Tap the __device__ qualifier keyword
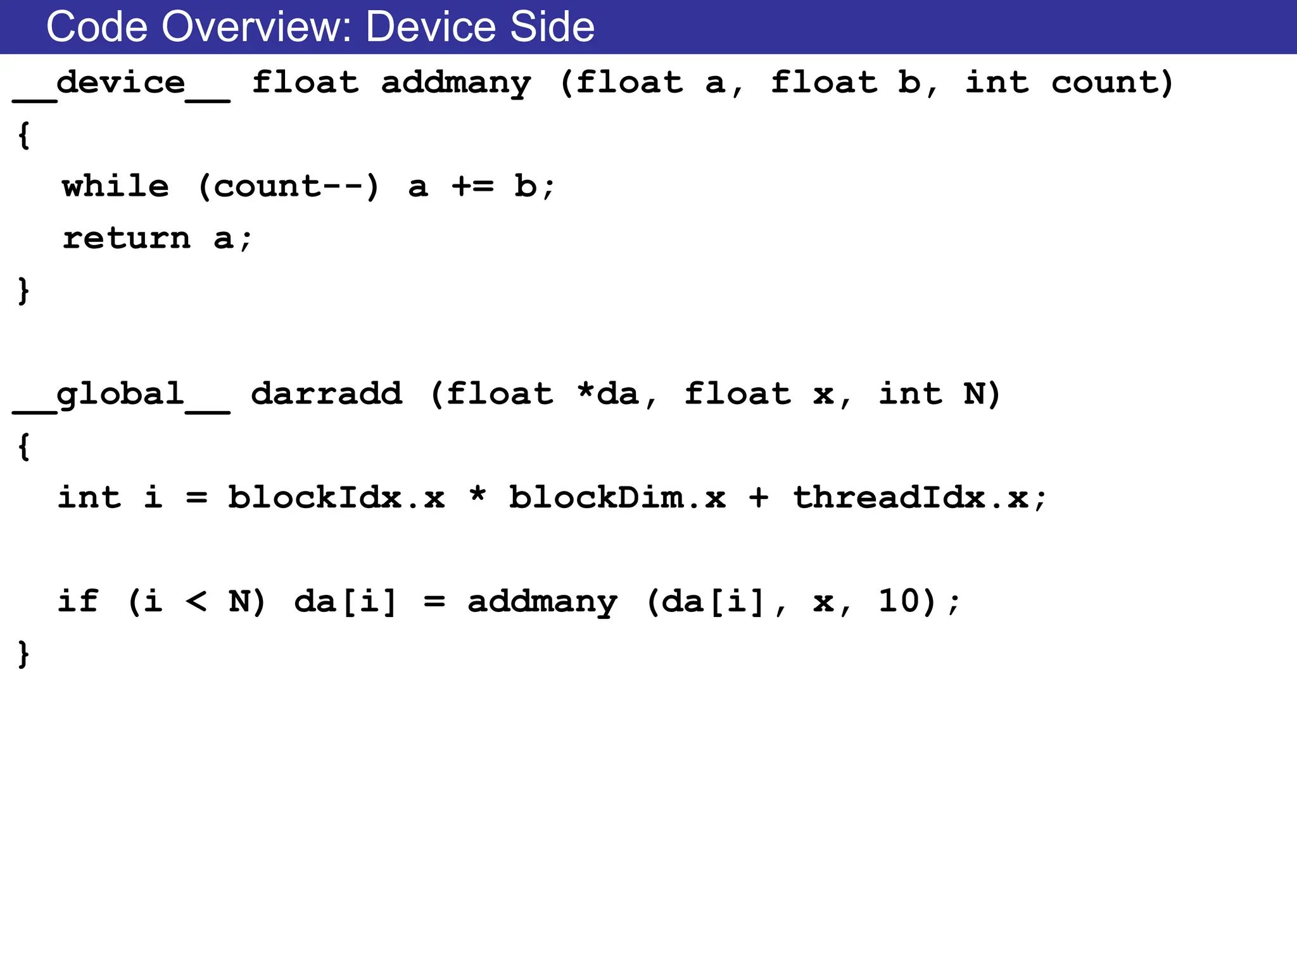pyautogui.click(x=121, y=83)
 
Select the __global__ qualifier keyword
pyautogui.click(x=121, y=395)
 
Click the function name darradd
pyautogui.click(x=326, y=395)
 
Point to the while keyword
pyautogui.click(x=116, y=187)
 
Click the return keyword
pyautogui.click(x=127, y=239)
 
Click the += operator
pyautogui.click(x=472, y=187)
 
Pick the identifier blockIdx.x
pyautogui.click(x=336, y=498)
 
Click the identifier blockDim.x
pyautogui.click(x=617, y=498)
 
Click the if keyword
pyautogui.click(x=78, y=601)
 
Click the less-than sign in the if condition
pyautogui.click(x=196, y=601)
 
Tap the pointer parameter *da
pyautogui.click(x=608, y=395)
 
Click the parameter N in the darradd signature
pyautogui.click(x=974, y=395)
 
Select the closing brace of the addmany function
pyautogui.click(x=23, y=291)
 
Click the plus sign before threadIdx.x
pyautogui.click(x=758, y=498)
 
